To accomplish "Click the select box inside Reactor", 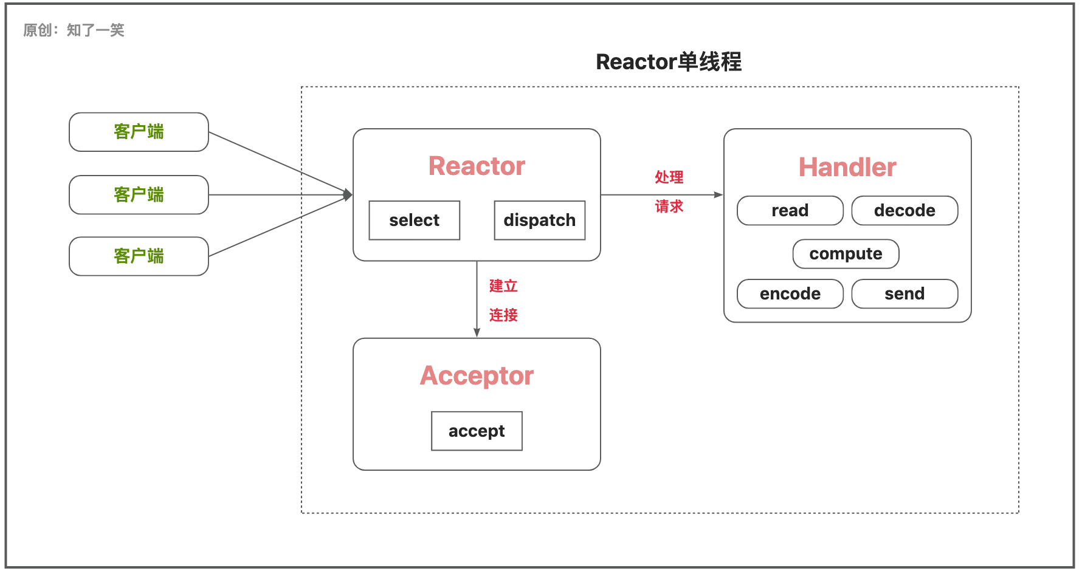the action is pyautogui.click(x=415, y=220).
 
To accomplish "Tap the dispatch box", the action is pyautogui.click(x=540, y=220).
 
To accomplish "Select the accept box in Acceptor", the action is pyautogui.click(x=477, y=431).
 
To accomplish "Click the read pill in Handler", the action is pyautogui.click(x=790, y=210).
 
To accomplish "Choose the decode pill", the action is pyautogui.click(x=905, y=210).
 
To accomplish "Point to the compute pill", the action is pyautogui.click(x=846, y=253).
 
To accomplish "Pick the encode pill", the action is pyautogui.click(x=790, y=293).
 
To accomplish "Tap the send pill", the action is pyautogui.click(x=905, y=293).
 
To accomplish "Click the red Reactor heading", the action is pyautogui.click(x=477, y=166).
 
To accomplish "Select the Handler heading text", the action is pyautogui.click(x=847, y=167).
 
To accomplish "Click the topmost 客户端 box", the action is pyautogui.click(x=139, y=132).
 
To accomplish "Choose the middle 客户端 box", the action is pyautogui.click(x=139, y=195).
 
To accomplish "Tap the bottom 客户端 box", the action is pyautogui.click(x=139, y=256).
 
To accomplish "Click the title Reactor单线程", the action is pyautogui.click(x=669, y=62).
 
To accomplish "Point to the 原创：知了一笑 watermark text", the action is pyautogui.click(x=74, y=30).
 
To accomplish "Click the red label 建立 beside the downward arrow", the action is pyautogui.click(x=503, y=286).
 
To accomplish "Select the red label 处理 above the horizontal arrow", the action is pyautogui.click(x=669, y=177).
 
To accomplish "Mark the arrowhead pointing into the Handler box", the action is pyautogui.click(x=718, y=195).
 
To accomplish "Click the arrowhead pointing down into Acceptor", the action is pyautogui.click(x=477, y=333).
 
